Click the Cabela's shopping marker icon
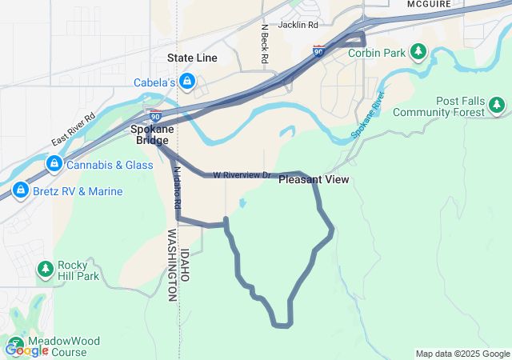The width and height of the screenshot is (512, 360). click(186, 82)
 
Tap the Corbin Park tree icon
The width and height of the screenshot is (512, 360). click(418, 53)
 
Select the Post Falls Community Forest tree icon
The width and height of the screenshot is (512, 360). click(497, 105)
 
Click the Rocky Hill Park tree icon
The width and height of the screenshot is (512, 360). click(45, 269)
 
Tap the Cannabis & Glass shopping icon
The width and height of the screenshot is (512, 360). click(54, 165)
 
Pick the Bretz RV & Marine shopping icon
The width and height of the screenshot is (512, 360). click(20, 192)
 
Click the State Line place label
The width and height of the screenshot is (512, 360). click(192, 58)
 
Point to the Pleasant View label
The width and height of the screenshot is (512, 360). click(314, 179)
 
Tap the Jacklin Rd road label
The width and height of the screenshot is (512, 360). click(298, 25)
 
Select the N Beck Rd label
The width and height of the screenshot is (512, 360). click(264, 44)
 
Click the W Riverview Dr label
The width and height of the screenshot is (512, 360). click(243, 174)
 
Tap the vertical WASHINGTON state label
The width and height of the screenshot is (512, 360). click(172, 265)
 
